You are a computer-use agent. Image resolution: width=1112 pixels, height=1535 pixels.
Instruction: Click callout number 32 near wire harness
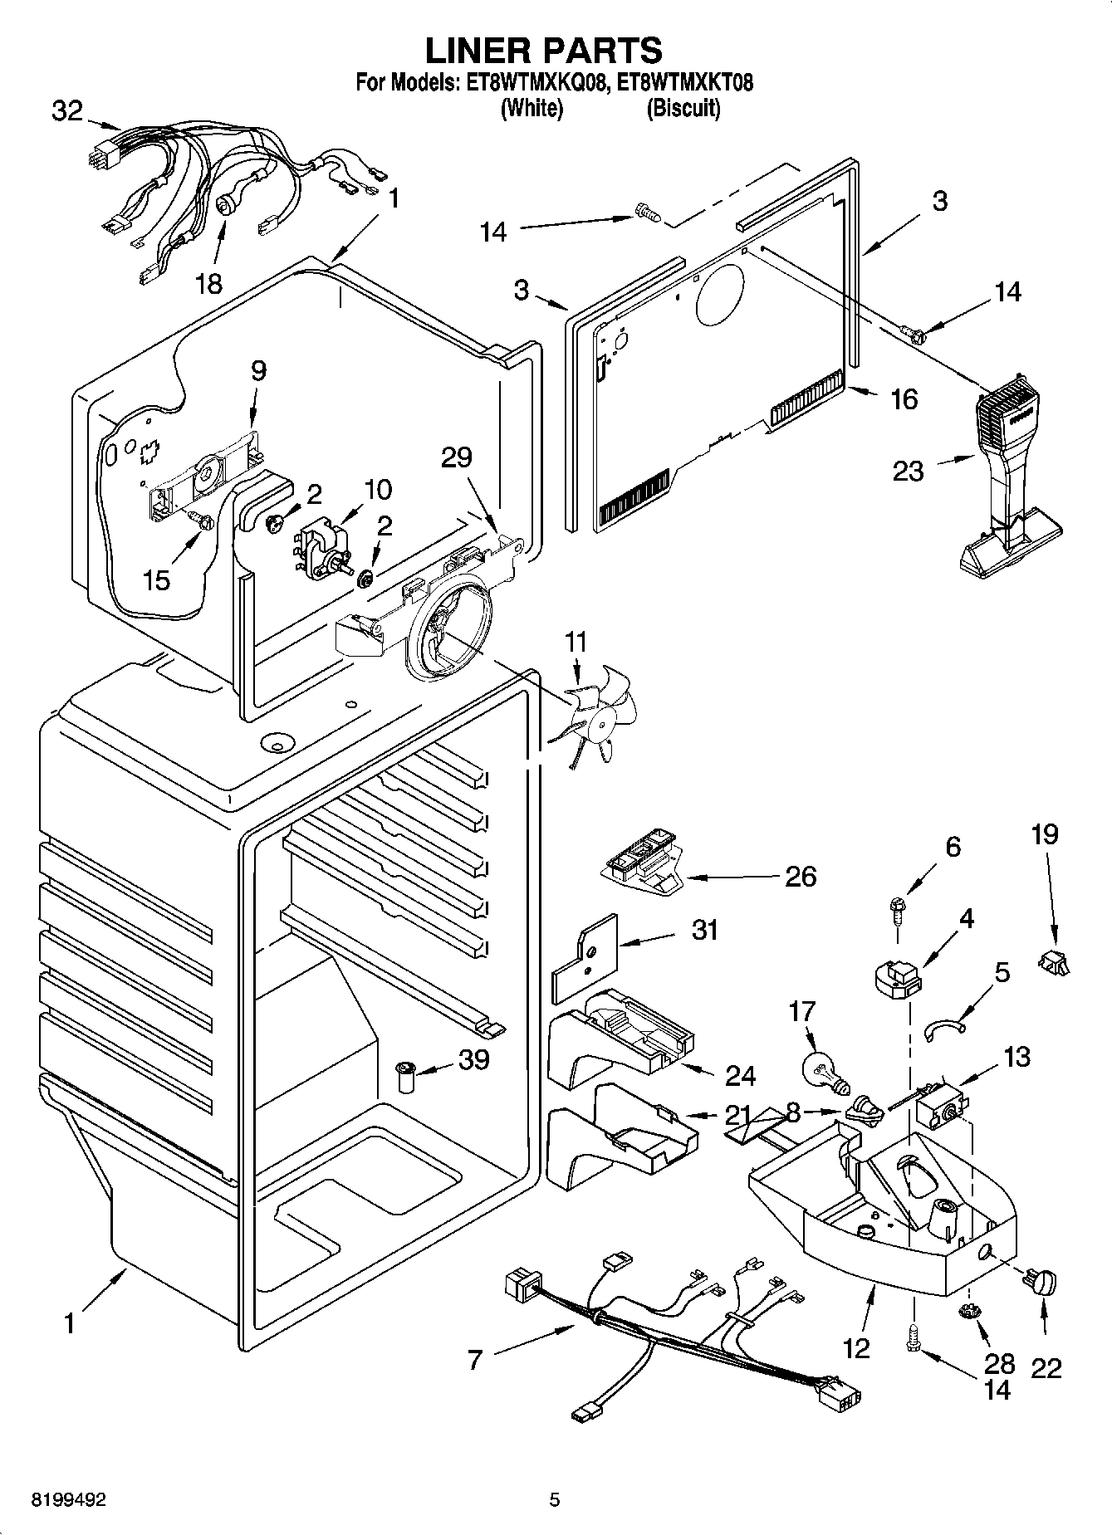click(x=67, y=110)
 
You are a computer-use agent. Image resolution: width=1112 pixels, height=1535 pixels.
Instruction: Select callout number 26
click(x=801, y=876)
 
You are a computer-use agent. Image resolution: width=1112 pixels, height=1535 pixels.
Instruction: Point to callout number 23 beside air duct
click(x=908, y=471)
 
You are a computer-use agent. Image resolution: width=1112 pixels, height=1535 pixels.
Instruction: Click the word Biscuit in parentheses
click(x=683, y=108)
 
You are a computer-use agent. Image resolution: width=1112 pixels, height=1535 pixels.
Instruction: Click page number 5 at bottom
click(x=555, y=1499)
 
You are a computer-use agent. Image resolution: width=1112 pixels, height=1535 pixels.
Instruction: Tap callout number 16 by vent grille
click(x=904, y=399)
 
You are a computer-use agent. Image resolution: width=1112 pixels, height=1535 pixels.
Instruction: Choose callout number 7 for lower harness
click(x=475, y=1359)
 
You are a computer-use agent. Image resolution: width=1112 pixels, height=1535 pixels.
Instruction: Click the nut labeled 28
click(x=966, y=1311)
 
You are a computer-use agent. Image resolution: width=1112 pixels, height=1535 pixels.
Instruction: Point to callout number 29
click(x=458, y=457)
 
